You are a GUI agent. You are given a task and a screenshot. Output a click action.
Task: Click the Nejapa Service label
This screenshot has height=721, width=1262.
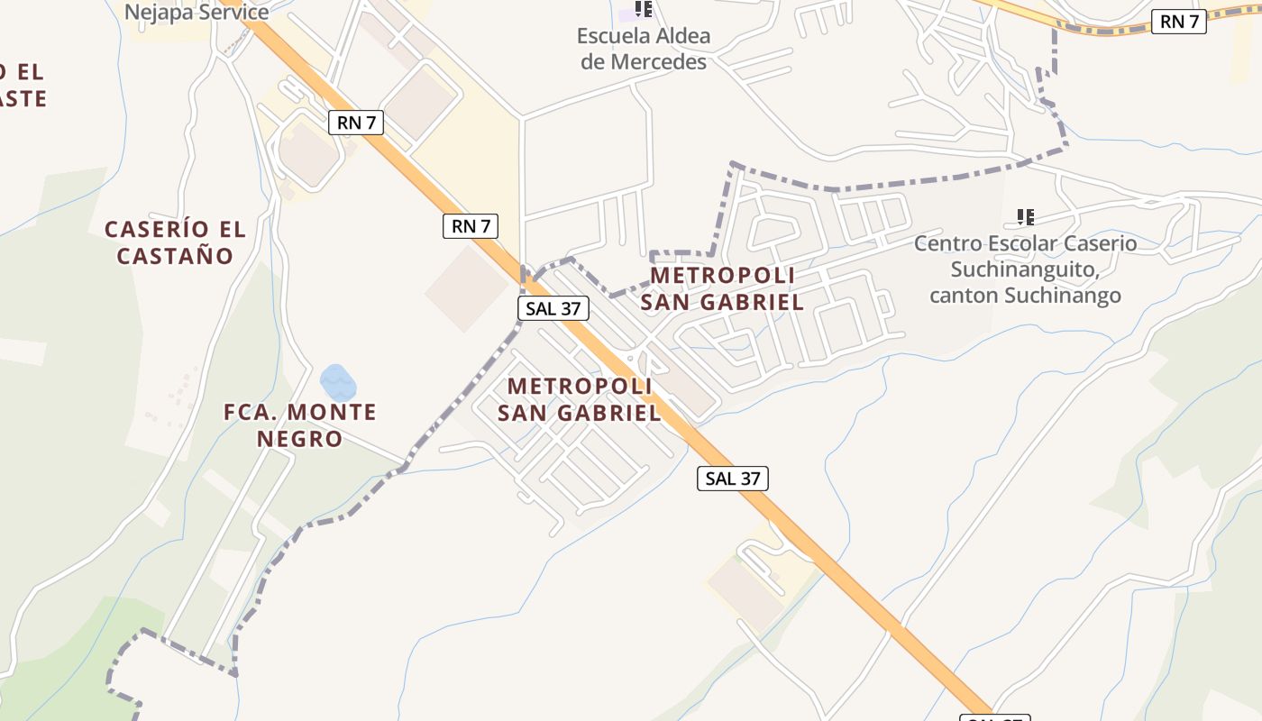(x=197, y=13)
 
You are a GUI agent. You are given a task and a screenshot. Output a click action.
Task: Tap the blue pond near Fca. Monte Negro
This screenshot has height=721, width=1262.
(x=338, y=383)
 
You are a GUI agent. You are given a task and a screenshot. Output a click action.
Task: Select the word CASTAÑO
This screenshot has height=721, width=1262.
(x=175, y=255)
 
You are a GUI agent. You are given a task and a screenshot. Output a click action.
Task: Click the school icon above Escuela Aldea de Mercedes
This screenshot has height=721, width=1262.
(x=643, y=9)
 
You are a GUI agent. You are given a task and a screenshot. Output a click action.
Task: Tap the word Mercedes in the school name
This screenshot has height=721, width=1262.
(x=658, y=61)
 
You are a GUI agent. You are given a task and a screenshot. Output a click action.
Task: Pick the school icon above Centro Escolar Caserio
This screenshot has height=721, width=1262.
(x=1025, y=216)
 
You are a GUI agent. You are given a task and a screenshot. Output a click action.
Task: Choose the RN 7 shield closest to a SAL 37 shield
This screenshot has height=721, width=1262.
(x=471, y=226)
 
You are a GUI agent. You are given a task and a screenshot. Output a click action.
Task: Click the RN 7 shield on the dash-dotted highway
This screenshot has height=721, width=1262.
(x=1179, y=22)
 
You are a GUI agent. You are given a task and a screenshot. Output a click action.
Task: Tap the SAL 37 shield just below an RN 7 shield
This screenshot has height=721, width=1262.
(x=553, y=308)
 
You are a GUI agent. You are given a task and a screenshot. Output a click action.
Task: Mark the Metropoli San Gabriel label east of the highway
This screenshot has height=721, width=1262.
(x=722, y=288)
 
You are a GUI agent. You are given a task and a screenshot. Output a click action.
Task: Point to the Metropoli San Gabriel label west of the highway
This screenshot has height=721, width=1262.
(x=580, y=399)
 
